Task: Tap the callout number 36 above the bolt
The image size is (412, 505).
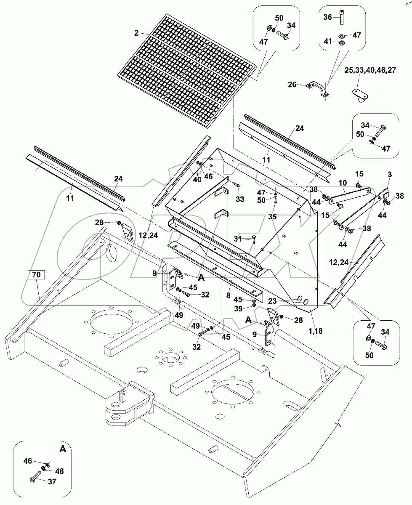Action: (x=328, y=17)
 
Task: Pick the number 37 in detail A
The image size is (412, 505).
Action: (x=51, y=482)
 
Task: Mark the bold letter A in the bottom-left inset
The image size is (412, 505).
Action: (x=63, y=449)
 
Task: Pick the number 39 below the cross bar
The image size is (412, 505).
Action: (x=238, y=309)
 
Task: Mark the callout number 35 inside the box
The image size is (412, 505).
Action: (x=273, y=217)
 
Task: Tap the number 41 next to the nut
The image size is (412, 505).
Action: (x=328, y=42)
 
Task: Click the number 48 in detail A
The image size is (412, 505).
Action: (x=59, y=472)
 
